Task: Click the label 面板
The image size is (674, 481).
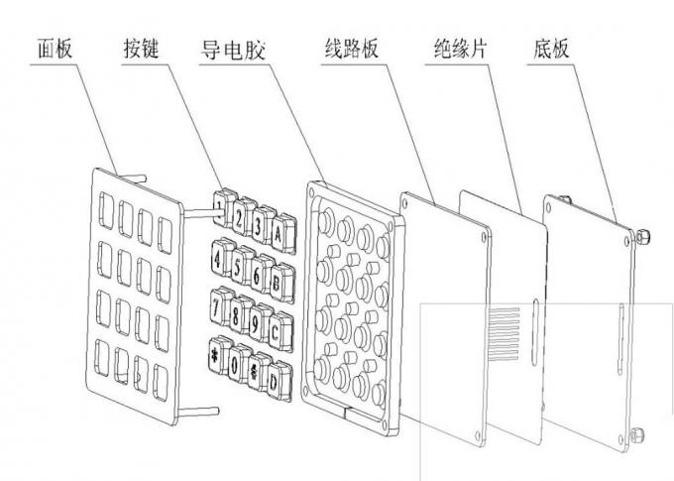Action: pyautogui.click(x=55, y=49)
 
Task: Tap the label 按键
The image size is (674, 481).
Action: pyautogui.click(x=142, y=49)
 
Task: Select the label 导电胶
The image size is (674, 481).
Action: pyautogui.click(x=233, y=50)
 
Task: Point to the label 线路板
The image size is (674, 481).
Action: pyautogui.click(x=352, y=49)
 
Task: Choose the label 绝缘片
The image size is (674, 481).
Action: pyautogui.click(x=460, y=49)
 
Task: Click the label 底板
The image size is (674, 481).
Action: pyautogui.click(x=552, y=49)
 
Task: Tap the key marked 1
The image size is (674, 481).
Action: pyautogui.click(x=224, y=208)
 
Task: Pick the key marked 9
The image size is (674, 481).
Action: pyautogui.click(x=260, y=322)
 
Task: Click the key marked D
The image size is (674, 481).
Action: pyautogui.click(x=279, y=380)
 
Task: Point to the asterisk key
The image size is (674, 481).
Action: pyautogui.click(x=219, y=354)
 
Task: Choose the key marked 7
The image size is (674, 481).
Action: pyautogui.click(x=221, y=305)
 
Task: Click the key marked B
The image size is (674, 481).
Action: pyautogui.click(x=281, y=282)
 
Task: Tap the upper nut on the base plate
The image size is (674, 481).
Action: pyautogui.click(x=642, y=236)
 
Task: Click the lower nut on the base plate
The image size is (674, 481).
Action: pyautogui.click(x=637, y=434)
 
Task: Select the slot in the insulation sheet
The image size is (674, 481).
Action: pyautogui.click(x=534, y=332)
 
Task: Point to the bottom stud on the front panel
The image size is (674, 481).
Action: pyautogui.click(x=198, y=412)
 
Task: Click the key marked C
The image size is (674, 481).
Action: pyautogui.click(x=280, y=331)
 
